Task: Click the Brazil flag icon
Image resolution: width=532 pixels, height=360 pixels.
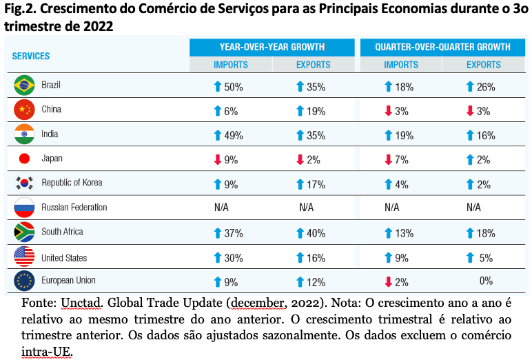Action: pyautogui.click(x=24, y=86)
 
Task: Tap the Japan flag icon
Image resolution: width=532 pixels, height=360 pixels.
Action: pyautogui.click(x=24, y=158)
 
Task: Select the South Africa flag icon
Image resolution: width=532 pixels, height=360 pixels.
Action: pyautogui.click(x=24, y=232)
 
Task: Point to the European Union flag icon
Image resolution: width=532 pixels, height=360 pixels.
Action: pyautogui.click(x=24, y=281)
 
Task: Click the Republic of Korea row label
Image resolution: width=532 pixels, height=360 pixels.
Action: pyautogui.click(x=72, y=183)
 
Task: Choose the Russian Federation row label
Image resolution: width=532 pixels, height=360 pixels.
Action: pyautogui.click(x=74, y=207)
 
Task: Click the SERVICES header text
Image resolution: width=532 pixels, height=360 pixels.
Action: pyautogui.click(x=31, y=56)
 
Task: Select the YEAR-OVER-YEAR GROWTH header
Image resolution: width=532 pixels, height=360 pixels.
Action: pyautogui.click(x=272, y=47)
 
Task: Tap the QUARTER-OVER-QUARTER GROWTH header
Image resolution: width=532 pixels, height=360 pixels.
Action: pyautogui.click(x=442, y=47)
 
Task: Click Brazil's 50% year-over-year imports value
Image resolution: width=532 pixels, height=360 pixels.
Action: pyautogui.click(x=234, y=88)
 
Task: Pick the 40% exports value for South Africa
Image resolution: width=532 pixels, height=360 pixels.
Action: pyautogui.click(x=316, y=234)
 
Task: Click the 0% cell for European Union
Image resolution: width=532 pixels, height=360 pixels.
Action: pyautogui.click(x=486, y=281)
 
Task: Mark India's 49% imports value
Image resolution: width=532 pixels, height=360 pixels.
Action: pyautogui.click(x=234, y=136)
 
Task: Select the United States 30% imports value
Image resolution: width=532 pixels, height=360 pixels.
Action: pyautogui.click(x=234, y=259)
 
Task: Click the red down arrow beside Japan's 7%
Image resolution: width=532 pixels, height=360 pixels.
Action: pyautogui.click(x=388, y=159)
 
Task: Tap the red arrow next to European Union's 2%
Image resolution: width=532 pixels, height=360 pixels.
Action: pyautogui.click(x=388, y=282)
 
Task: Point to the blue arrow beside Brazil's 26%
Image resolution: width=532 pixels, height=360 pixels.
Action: pyautogui.click(x=470, y=87)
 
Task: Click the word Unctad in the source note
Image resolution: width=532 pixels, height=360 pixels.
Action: pyautogui.click(x=81, y=303)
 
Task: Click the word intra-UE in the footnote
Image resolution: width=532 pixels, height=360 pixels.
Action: pyautogui.click(x=47, y=352)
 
